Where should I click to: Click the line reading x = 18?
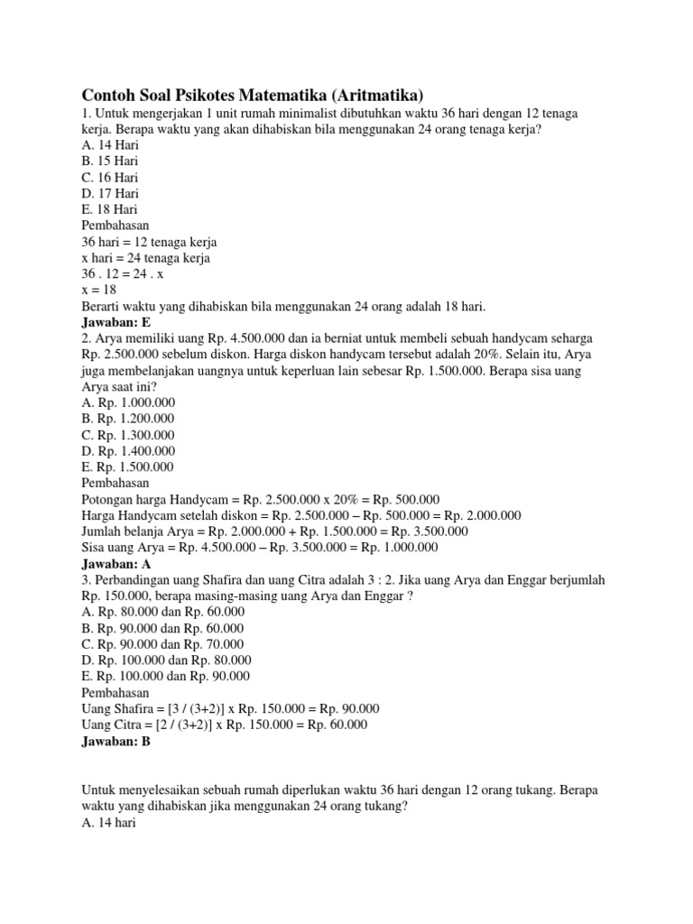(x=99, y=290)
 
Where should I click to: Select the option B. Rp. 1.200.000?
(x=128, y=419)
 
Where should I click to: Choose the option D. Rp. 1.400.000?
(x=128, y=451)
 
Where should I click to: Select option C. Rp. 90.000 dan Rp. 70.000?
(x=163, y=644)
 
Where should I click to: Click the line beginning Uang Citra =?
(x=225, y=725)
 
